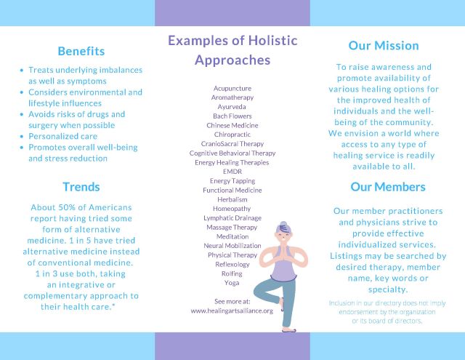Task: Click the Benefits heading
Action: (81, 51)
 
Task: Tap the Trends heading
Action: (81, 187)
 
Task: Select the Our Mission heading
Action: (384, 45)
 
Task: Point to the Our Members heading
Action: (388, 187)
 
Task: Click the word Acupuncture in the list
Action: (232, 89)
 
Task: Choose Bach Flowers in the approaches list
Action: (232, 116)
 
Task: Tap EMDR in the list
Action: (232, 172)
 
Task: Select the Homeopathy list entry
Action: (232, 209)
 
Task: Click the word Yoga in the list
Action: (232, 283)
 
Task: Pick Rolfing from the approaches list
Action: (232, 273)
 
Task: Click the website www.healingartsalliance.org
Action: (232, 311)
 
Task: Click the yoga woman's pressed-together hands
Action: (283, 252)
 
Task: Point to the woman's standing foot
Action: (289, 329)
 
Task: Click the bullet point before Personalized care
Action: (21, 137)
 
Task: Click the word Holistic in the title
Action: (272, 40)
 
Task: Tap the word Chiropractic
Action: (232, 135)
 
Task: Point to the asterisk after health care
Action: (113, 305)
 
